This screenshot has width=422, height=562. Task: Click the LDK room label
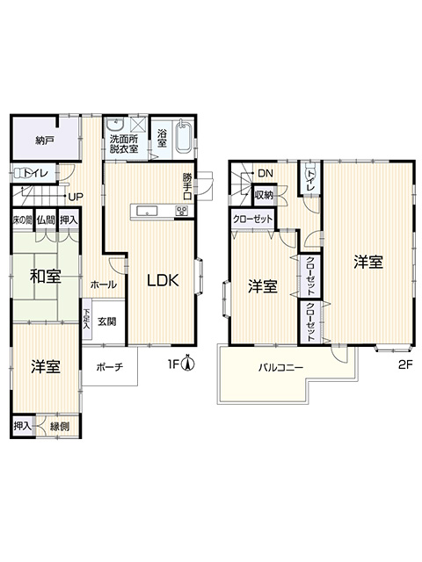click(163, 281)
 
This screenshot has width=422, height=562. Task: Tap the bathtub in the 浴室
click(184, 137)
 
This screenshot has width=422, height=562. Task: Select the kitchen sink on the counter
click(147, 211)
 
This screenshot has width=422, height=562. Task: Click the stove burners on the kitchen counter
click(182, 211)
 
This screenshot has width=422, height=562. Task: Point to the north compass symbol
click(187, 363)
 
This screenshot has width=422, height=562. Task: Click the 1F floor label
click(174, 365)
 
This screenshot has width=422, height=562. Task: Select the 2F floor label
click(405, 365)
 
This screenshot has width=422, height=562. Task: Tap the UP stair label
click(76, 197)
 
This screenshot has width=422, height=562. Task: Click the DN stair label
click(266, 174)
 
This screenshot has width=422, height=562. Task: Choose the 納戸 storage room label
click(45, 140)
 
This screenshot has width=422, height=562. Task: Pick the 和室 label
click(45, 277)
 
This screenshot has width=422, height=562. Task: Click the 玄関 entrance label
click(107, 321)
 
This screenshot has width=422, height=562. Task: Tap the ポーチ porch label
click(110, 367)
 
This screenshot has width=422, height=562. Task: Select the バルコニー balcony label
click(281, 368)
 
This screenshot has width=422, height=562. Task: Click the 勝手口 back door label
click(187, 186)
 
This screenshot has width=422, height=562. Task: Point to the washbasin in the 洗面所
click(115, 125)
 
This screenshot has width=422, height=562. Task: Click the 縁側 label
click(60, 427)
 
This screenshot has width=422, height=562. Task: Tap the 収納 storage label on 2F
click(264, 195)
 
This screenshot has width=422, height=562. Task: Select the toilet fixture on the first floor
click(20, 174)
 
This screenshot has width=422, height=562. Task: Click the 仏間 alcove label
click(46, 220)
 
